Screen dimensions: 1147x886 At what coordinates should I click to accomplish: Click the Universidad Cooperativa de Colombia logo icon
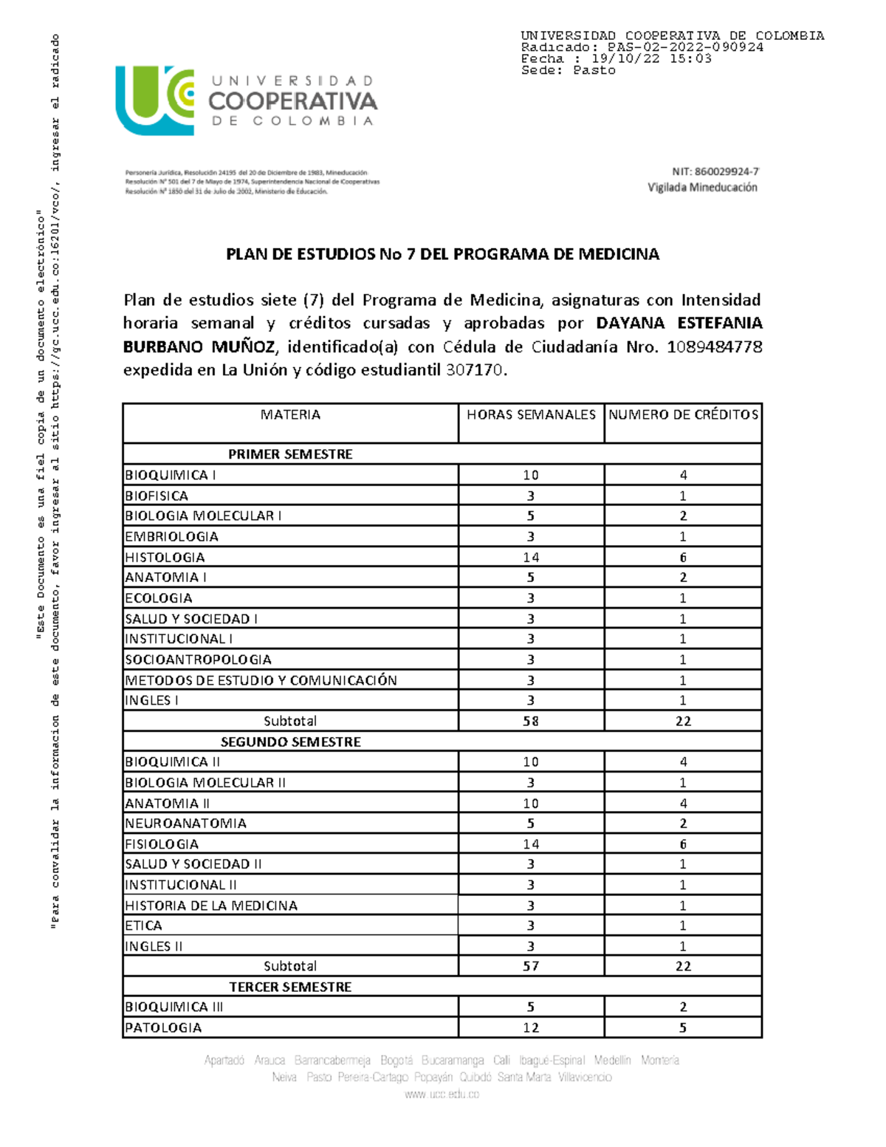[154, 100]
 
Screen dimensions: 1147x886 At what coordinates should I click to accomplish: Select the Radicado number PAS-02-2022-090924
[684, 47]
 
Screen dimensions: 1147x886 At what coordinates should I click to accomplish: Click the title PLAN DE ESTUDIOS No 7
[442, 255]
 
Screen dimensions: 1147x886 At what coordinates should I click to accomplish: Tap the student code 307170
[475, 370]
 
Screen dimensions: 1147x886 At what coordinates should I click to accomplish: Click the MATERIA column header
[290, 415]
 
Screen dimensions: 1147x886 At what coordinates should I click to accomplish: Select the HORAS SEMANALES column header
[531, 415]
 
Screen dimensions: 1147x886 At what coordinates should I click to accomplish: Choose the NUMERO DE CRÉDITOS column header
[683, 415]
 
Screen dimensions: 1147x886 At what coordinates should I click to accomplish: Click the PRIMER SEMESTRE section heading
[290, 454]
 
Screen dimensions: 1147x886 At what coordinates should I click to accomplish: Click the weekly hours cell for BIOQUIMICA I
[531, 476]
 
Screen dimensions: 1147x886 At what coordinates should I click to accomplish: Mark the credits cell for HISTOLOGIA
[683, 558]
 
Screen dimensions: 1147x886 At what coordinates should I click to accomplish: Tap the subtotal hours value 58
[531, 721]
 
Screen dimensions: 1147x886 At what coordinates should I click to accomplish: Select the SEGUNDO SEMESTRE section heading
[290, 742]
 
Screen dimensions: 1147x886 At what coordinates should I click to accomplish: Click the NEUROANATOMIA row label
[185, 824]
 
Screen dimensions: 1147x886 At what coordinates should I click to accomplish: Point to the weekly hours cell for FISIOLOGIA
[531, 844]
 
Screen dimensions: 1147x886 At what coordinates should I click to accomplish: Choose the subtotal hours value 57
[531, 966]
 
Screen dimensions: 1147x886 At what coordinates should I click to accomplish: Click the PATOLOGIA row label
[163, 1027]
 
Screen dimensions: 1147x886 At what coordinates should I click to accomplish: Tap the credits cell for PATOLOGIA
[683, 1027]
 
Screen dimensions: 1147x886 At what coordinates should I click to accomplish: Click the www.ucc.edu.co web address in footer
[442, 1095]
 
